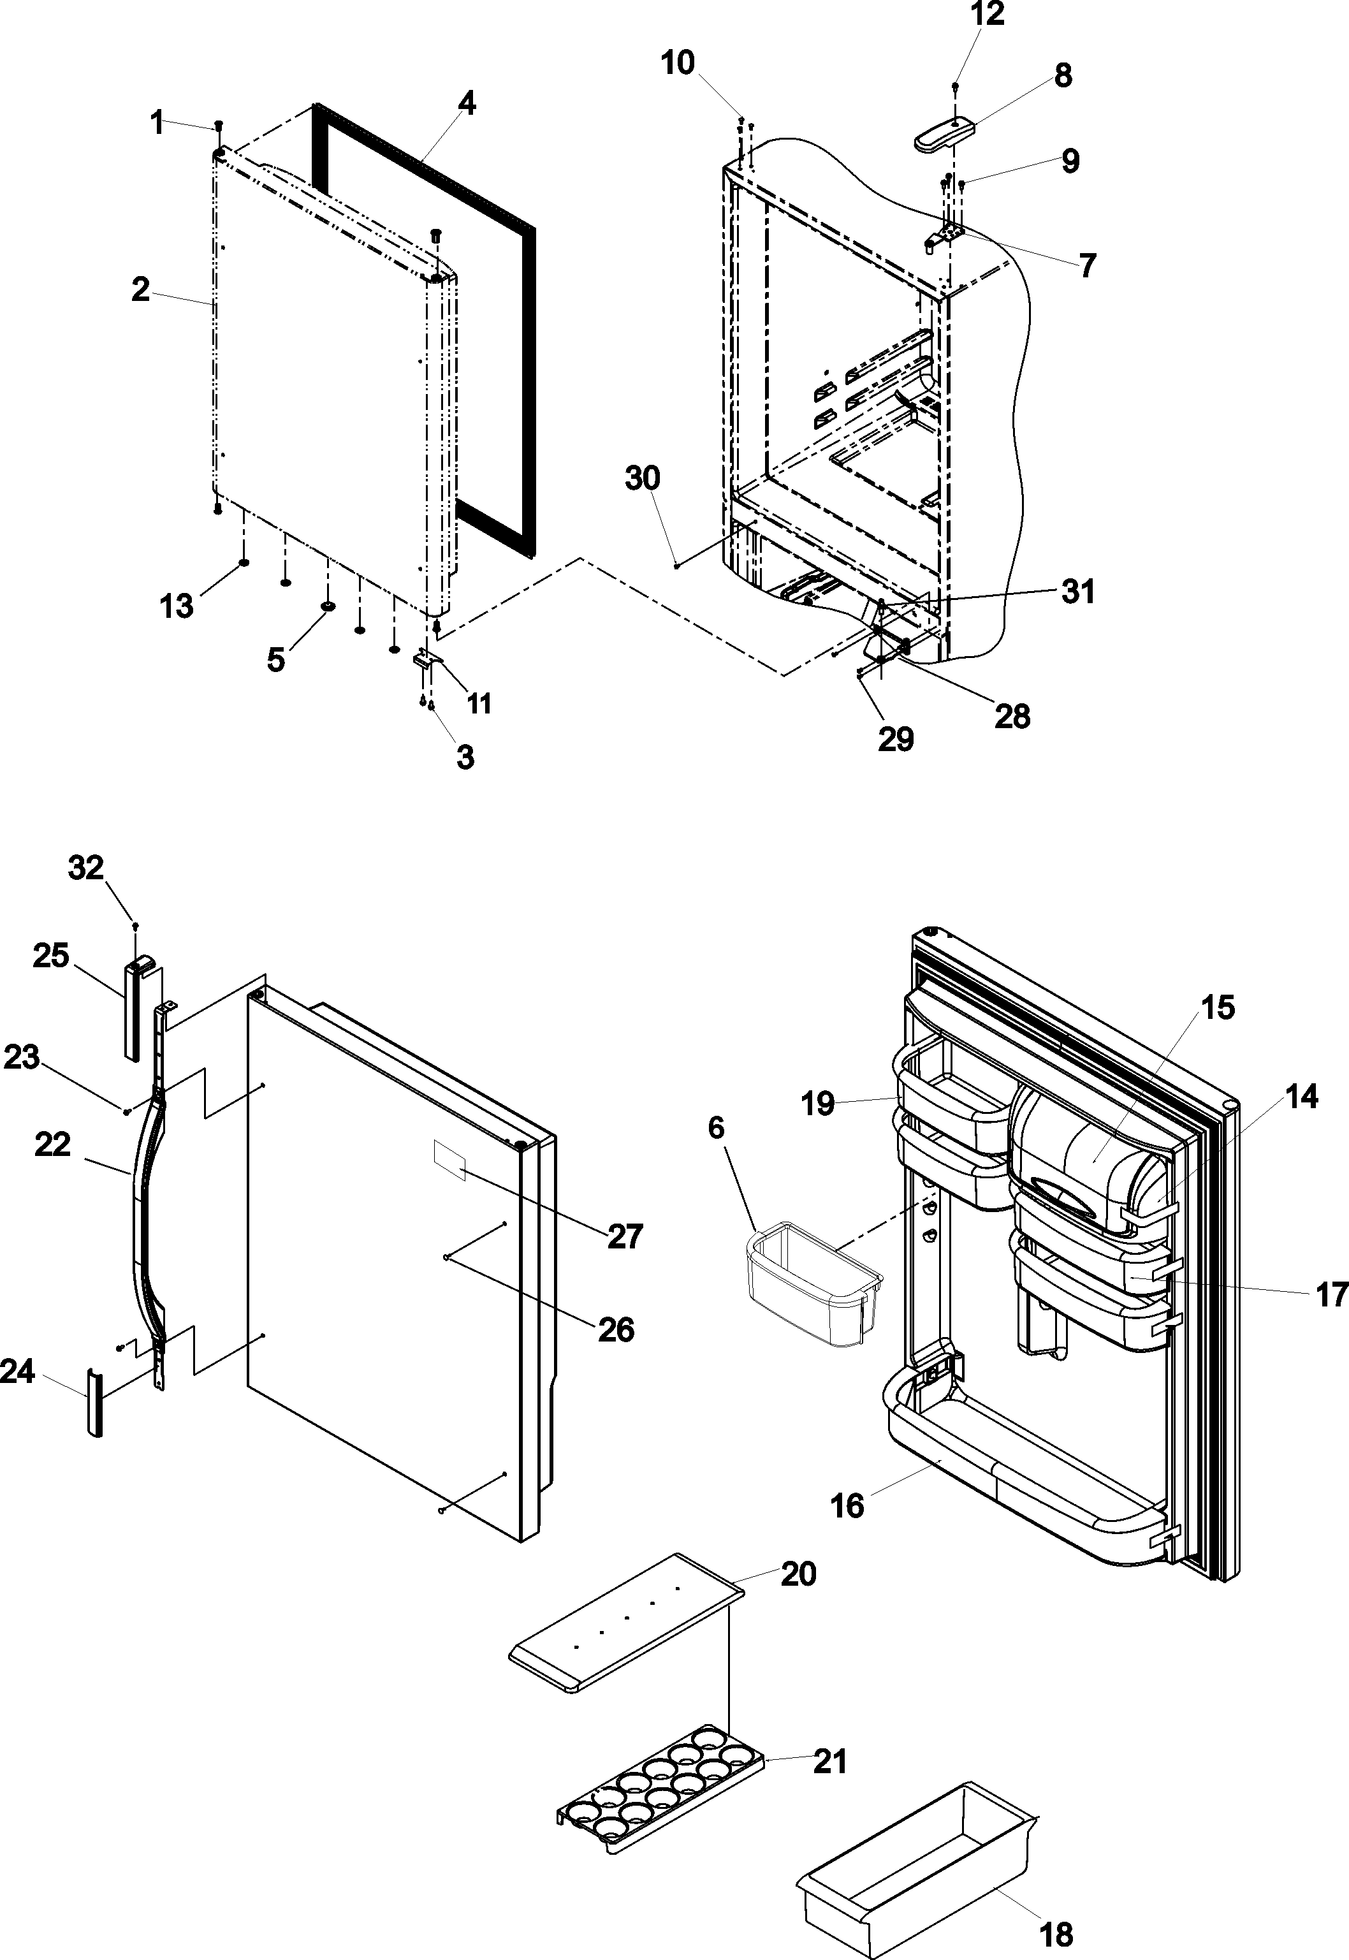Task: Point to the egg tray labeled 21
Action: click(659, 1788)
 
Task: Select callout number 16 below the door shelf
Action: click(848, 1505)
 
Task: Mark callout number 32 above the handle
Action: click(85, 867)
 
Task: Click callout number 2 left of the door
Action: click(140, 290)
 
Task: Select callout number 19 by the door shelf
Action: click(817, 1103)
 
